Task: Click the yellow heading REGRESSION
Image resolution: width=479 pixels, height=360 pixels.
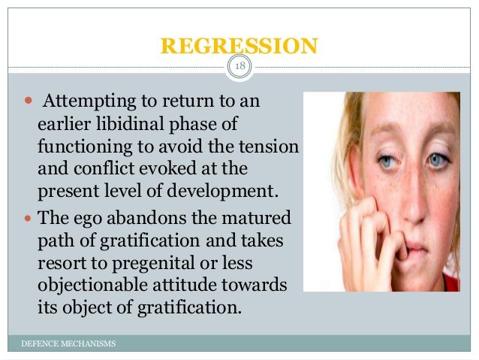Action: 239,46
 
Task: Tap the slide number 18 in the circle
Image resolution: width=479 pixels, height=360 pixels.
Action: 240,65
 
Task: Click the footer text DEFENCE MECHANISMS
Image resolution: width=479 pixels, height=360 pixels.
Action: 68,343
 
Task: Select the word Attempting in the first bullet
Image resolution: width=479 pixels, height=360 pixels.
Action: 89,101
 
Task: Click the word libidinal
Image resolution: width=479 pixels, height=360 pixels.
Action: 130,123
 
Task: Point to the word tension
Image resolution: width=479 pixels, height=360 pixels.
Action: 269,147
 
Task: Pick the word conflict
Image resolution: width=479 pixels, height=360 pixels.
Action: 104,168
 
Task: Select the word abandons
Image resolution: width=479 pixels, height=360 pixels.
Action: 146,218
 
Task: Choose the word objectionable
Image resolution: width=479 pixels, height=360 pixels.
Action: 93,286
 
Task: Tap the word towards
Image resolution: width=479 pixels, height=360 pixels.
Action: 255,285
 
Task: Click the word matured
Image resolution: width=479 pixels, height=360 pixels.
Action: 256,218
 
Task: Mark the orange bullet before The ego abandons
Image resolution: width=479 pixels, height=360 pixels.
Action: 28,219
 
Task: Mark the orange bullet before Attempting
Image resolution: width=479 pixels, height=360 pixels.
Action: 28,100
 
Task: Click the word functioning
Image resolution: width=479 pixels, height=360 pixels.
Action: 85,147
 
